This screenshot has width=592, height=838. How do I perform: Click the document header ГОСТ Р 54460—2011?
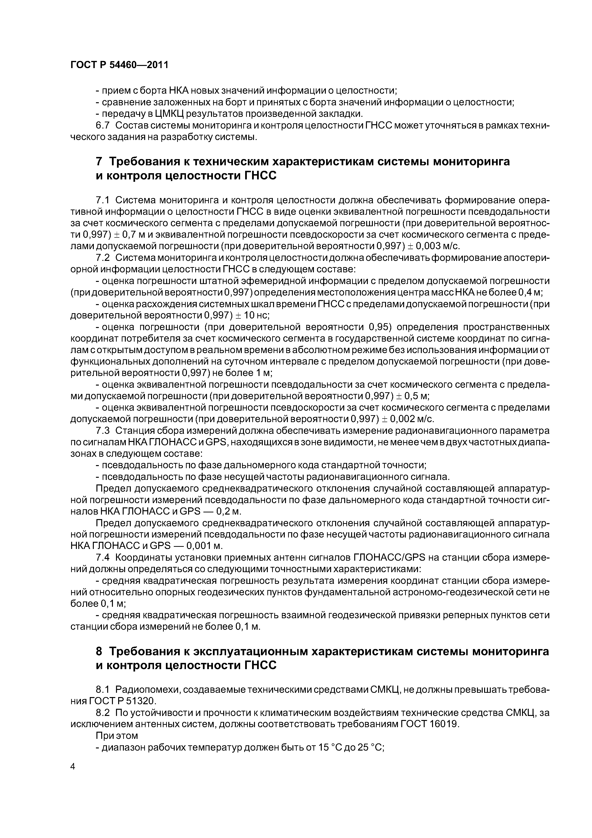pos(119,65)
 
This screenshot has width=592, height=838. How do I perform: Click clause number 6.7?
pos(102,126)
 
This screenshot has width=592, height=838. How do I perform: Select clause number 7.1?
pos(102,200)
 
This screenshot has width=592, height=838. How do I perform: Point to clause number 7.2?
pos(102,258)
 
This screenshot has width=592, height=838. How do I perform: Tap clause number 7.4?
pos(102,558)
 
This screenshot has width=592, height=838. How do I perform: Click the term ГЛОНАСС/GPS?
pos(390,558)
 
